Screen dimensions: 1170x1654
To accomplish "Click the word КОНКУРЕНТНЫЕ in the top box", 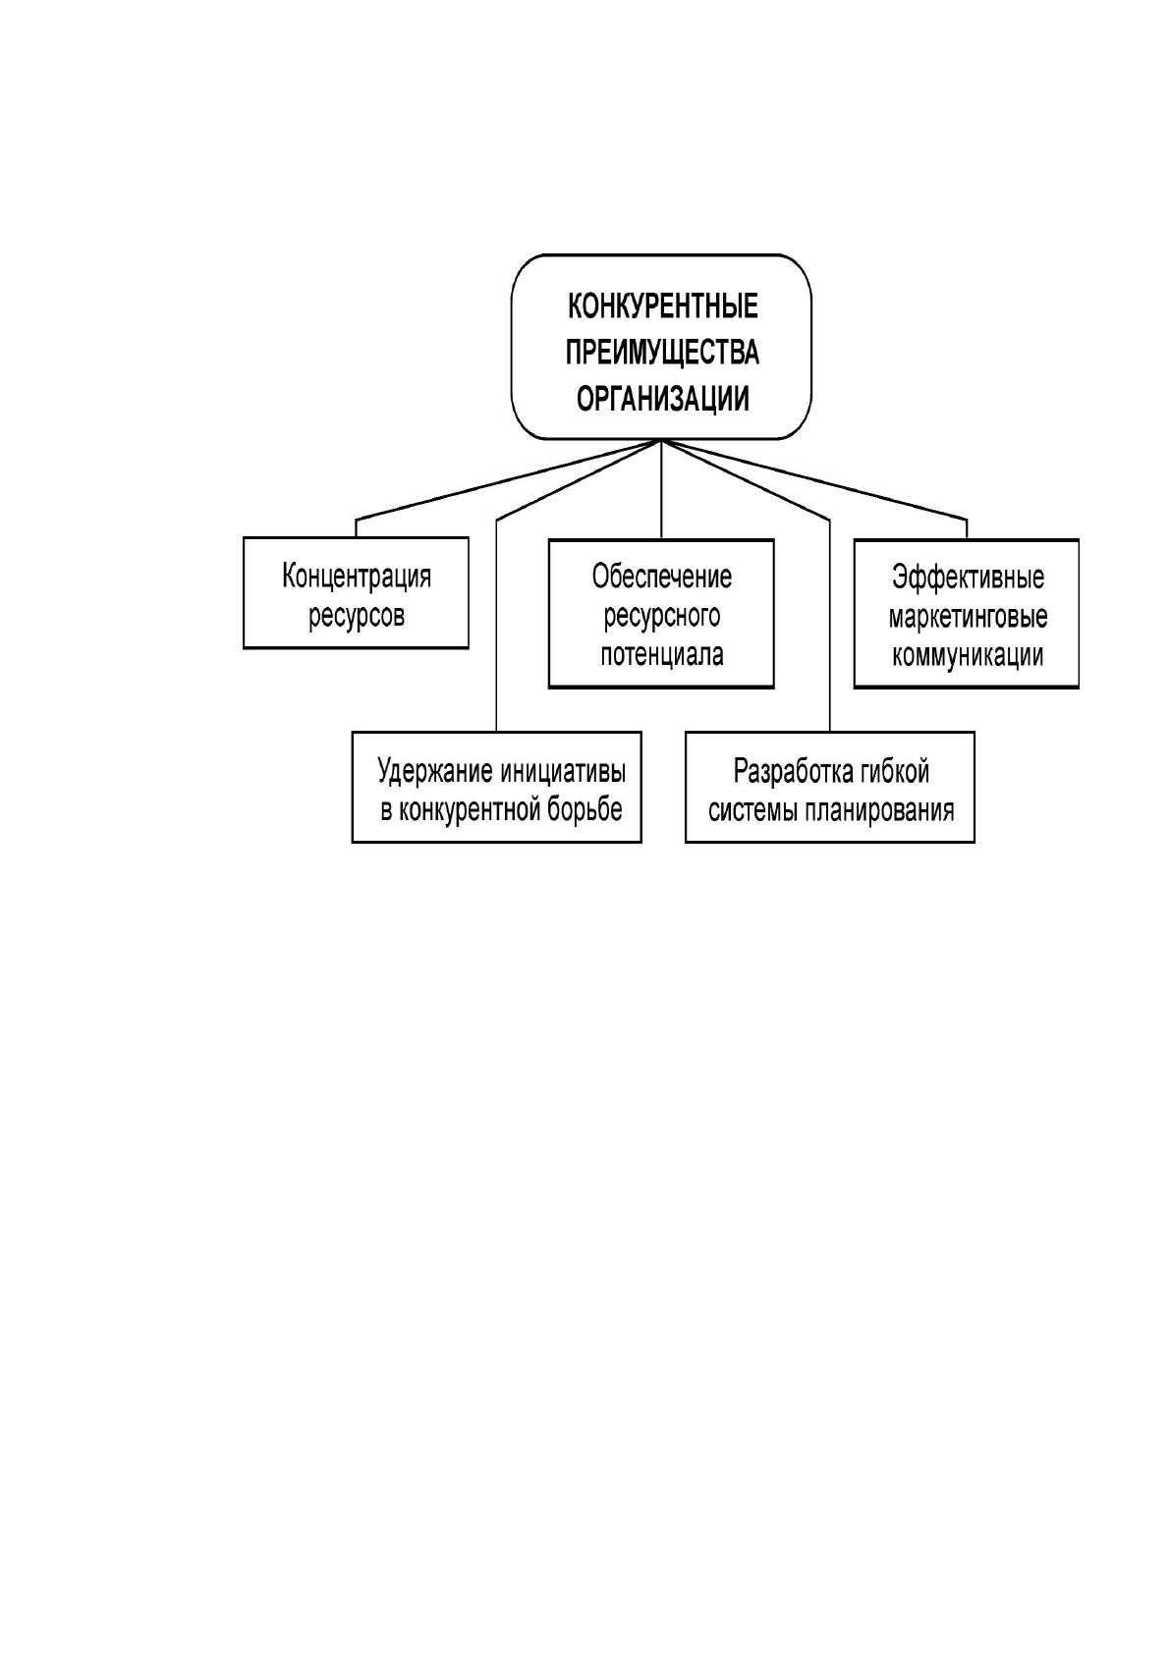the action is point(662,305).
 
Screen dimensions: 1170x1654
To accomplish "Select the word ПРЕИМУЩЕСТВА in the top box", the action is point(662,353).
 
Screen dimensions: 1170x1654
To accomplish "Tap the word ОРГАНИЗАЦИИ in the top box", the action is point(662,400).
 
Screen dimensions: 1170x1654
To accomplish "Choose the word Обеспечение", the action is point(662,577).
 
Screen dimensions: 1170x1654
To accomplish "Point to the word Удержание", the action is point(435,772).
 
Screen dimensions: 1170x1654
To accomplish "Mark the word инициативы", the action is point(564,772).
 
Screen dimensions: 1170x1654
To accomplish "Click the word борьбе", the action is point(586,810).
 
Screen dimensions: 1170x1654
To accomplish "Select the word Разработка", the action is point(792,772).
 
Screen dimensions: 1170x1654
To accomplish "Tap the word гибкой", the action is point(894,772).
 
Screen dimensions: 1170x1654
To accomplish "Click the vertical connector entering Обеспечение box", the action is point(661,489).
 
